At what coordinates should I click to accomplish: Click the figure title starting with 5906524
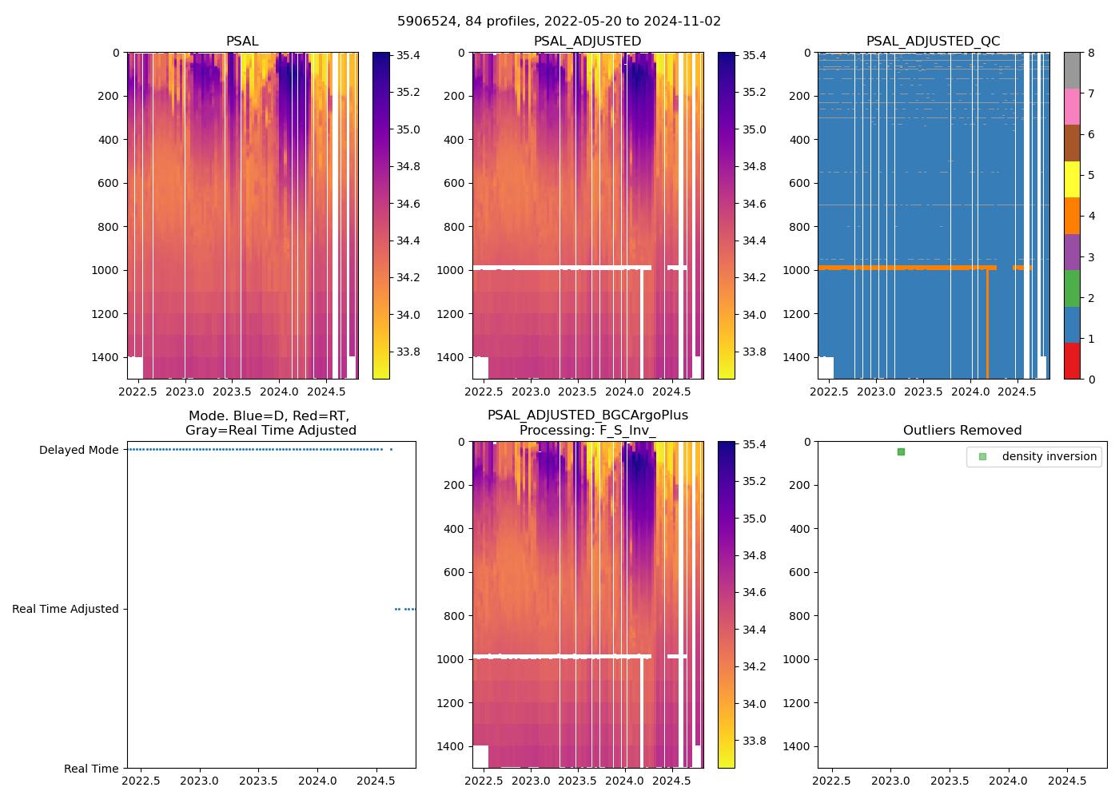(559, 22)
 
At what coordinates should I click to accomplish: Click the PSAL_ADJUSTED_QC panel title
(933, 42)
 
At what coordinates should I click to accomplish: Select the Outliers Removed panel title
(962, 431)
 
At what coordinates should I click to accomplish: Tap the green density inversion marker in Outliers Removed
(901, 452)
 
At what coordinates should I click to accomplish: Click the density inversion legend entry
(1049, 457)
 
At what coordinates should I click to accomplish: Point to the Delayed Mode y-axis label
(78, 451)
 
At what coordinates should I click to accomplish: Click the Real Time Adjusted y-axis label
(66, 610)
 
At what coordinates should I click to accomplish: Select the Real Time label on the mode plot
(91, 769)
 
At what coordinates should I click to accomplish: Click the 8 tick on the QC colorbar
(1091, 53)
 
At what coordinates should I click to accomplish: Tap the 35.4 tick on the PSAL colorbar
(408, 56)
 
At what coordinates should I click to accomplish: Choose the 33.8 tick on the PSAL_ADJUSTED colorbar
(754, 352)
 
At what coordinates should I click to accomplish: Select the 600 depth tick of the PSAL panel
(106, 184)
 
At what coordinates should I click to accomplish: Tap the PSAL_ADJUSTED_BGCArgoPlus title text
(587, 415)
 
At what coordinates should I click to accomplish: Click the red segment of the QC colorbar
(1072, 361)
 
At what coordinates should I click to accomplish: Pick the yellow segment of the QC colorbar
(1072, 180)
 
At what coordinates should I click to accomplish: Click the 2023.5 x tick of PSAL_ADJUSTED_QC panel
(923, 392)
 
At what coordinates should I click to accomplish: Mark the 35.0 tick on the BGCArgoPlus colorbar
(754, 519)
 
